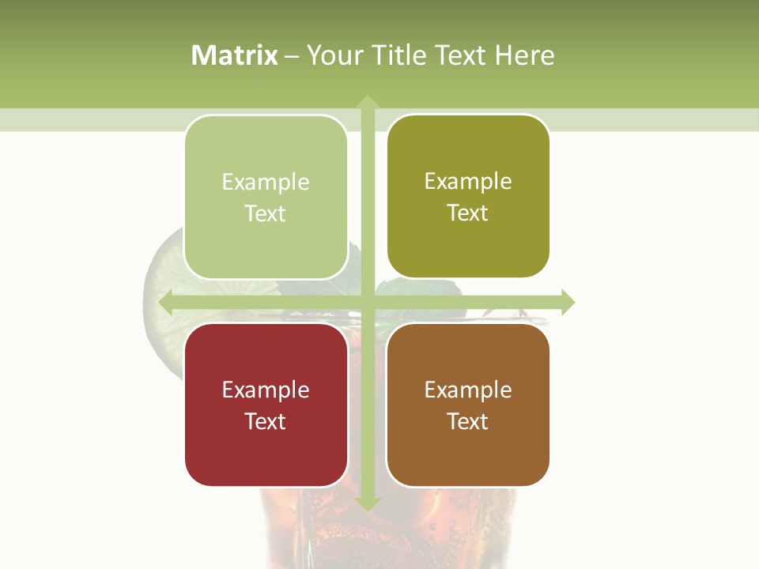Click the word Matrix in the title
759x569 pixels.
tap(235, 55)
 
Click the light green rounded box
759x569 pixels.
tap(266, 198)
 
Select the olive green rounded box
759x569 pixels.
tap(468, 197)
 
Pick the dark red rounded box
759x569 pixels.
tap(266, 405)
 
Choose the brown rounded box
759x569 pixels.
tap(468, 405)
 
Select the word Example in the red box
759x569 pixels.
tap(266, 390)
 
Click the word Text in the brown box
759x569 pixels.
tap(468, 421)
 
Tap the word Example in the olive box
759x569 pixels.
tap(468, 182)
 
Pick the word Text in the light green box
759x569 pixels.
tap(266, 214)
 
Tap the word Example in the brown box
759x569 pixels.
tap(468, 390)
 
